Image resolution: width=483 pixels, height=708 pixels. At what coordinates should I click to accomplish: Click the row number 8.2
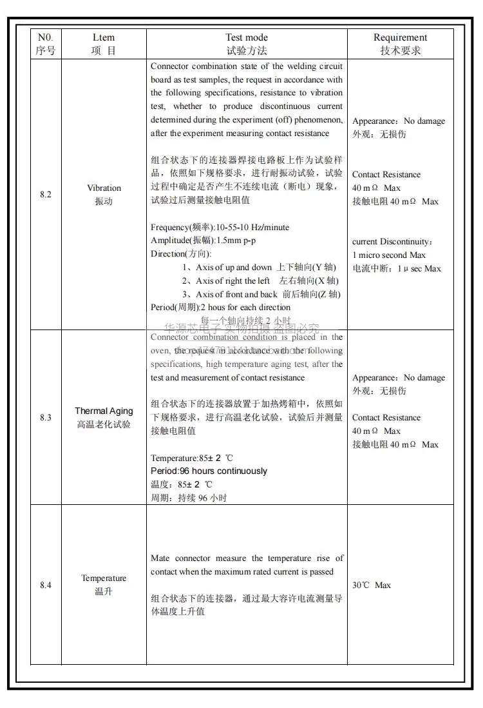pyautogui.click(x=45, y=195)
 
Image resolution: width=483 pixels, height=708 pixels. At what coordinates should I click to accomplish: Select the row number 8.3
pyautogui.click(x=45, y=418)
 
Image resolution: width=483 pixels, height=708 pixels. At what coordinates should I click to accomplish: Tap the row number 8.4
pyautogui.click(x=45, y=585)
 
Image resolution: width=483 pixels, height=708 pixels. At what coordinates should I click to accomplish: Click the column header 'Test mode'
pyautogui.click(x=247, y=37)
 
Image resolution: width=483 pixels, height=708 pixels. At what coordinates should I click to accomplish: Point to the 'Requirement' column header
pyautogui.click(x=400, y=37)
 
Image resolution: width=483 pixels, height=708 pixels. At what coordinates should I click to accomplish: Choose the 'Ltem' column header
pyautogui.click(x=104, y=37)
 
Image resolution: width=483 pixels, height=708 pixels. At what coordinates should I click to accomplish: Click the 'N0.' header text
pyautogui.click(x=45, y=37)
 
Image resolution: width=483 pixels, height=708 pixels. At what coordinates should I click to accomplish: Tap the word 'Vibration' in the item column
pyautogui.click(x=104, y=188)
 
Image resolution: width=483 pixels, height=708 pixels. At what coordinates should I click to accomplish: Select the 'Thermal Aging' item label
pyautogui.click(x=104, y=411)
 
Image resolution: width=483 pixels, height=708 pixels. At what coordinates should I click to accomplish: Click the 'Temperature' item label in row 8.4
pyautogui.click(x=104, y=578)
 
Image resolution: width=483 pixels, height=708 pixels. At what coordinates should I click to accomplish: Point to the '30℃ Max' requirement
pyautogui.click(x=372, y=585)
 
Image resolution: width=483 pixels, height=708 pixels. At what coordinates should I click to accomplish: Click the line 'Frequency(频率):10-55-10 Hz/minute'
pyautogui.click(x=220, y=228)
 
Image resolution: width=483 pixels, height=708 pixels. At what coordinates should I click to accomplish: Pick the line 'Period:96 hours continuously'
pyautogui.click(x=209, y=471)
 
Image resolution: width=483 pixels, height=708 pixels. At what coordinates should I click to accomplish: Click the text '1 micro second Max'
pyautogui.click(x=389, y=255)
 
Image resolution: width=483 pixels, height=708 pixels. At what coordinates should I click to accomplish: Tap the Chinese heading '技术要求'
pyautogui.click(x=400, y=51)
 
